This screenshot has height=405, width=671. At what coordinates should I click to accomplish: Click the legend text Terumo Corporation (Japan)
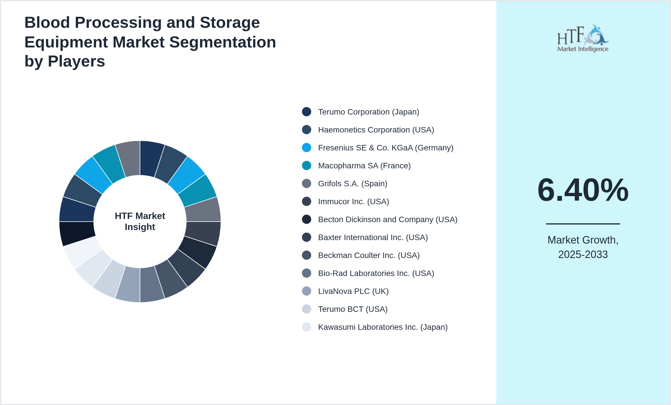coord(368,112)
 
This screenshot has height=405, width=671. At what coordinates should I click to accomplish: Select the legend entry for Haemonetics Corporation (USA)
coord(376,130)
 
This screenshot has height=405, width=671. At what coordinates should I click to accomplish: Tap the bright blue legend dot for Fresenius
coord(307,148)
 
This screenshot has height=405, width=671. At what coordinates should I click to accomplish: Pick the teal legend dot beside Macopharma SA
coord(307,165)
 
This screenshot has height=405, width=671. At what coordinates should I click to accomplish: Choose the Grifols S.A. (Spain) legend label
coord(352,184)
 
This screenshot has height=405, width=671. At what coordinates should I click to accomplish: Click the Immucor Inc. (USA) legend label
coord(353,202)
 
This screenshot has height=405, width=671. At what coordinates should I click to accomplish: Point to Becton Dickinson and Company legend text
coord(388,220)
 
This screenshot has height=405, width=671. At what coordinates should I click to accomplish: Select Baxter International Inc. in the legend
coord(373,238)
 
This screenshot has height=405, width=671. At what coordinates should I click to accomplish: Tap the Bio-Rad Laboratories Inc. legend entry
coord(376,273)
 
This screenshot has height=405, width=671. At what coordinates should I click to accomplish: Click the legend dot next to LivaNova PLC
coord(307,291)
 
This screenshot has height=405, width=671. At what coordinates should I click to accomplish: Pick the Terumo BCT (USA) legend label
coord(353,309)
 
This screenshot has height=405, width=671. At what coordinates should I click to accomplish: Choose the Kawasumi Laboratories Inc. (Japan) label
coord(383,327)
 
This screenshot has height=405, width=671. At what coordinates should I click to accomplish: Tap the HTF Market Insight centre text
coord(140,221)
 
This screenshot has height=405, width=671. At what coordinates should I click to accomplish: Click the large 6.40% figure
coord(583,190)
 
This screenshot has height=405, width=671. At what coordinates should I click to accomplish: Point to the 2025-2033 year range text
coord(583,255)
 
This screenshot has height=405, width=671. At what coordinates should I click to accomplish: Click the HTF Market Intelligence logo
coord(583,38)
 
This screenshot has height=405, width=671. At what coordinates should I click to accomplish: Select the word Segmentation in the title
coord(223,42)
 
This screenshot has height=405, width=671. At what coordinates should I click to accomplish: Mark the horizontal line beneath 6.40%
coord(583,224)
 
